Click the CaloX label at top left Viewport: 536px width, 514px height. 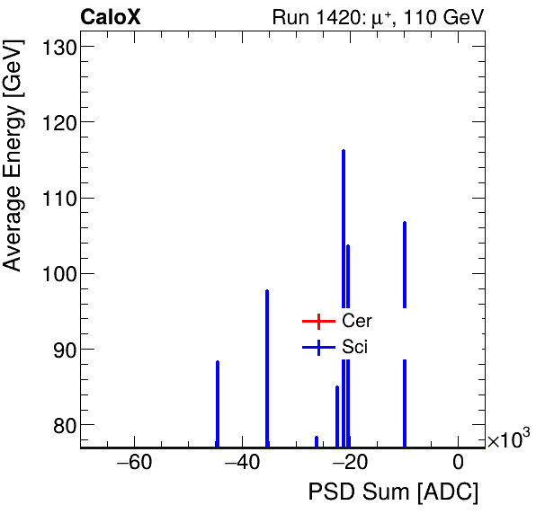pos(110,17)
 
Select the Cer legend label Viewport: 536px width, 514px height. pos(357,321)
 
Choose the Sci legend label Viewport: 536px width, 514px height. pos(355,348)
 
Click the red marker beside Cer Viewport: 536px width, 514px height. pos(318,321)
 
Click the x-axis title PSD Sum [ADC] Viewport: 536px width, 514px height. pos(393,492)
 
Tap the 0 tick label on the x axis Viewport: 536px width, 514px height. pos(458,464)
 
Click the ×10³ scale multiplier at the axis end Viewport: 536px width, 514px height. pos(508,440)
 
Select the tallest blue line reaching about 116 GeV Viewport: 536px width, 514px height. pos(344,225)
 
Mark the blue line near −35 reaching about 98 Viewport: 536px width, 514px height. pos(267,359)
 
